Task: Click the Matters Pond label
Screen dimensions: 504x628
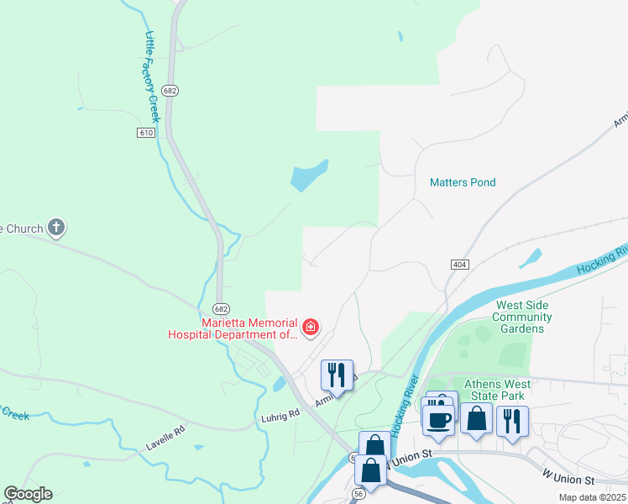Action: pyautogui.click(x=463, y=182)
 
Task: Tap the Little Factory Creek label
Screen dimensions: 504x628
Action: pyautogui.click(x=153, y=77)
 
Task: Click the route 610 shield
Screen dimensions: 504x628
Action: pyautogui.click(x=146, y=133)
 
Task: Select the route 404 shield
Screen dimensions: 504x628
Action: pyautogui.click(x=459, y=265)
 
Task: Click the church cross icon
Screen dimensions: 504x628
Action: pyautogui.click(x=56, y=227)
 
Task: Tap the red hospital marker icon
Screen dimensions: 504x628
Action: pyautogui.click(x=311, y=327)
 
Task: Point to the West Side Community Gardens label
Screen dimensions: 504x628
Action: pyautogui.click(x=522, y=317)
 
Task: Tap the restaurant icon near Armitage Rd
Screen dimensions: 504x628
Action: pyautogui.click(x=337, y=374)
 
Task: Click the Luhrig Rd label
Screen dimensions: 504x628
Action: pyautogui.click(x=281, y=414)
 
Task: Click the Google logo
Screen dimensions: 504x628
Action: pyautogui.click(x=28, y=494)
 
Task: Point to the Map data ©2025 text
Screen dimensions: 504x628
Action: pyautogui.click(x=591, y=497)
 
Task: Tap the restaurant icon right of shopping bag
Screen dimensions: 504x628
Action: pyautogui.click(x=512, y=419)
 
